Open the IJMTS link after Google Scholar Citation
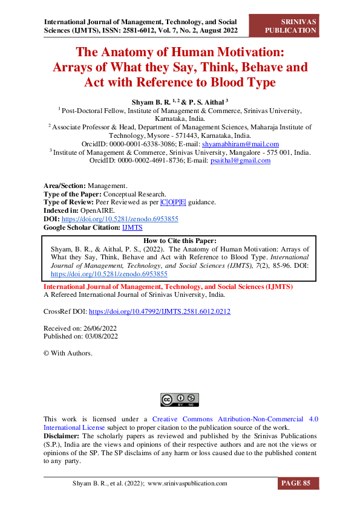point(132,227)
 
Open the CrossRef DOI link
point(159,312)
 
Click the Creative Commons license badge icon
point(179,400)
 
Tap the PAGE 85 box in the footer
point(298,483)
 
